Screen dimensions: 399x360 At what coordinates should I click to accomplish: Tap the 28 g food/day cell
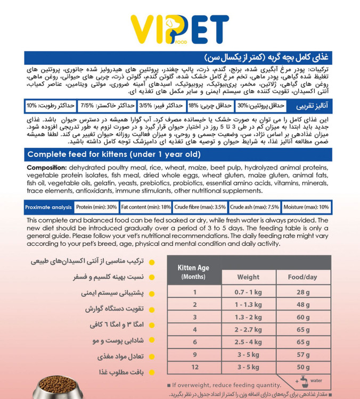point(302,292)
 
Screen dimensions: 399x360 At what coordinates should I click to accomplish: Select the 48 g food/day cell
point(302,304)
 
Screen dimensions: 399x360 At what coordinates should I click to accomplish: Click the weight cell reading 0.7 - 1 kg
point(248,292)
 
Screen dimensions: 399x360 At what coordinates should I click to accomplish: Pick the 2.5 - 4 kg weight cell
point(248,341)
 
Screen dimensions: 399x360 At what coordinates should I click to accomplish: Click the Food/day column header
point(302,277)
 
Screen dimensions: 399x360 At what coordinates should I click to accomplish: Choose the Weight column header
point(248,277)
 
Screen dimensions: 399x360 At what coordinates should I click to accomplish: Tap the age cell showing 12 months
point(195,367)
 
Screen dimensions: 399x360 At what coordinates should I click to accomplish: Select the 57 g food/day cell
point(302,354)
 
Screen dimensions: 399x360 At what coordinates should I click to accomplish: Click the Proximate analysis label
point(48,207)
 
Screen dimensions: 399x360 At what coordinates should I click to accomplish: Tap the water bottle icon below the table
point(301,381)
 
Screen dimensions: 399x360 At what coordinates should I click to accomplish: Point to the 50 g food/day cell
point(302,367)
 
